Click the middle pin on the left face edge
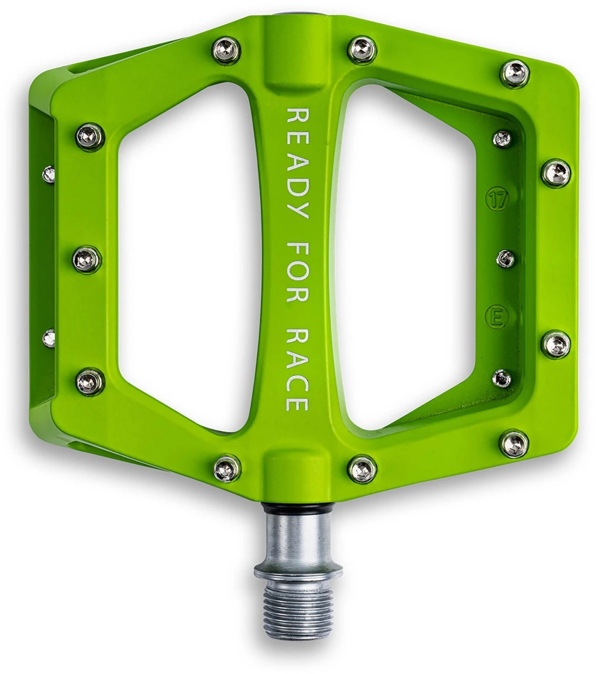click(85, 259)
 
